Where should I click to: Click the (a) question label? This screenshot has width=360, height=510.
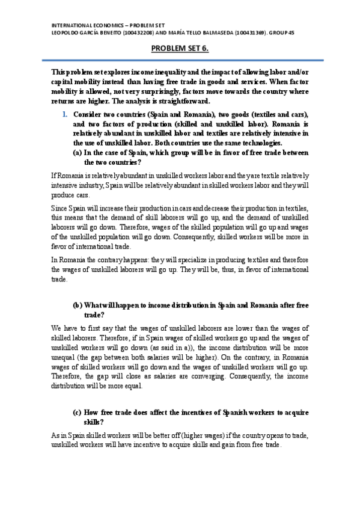click(78, 153)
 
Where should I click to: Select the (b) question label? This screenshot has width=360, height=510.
click(78, 306)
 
